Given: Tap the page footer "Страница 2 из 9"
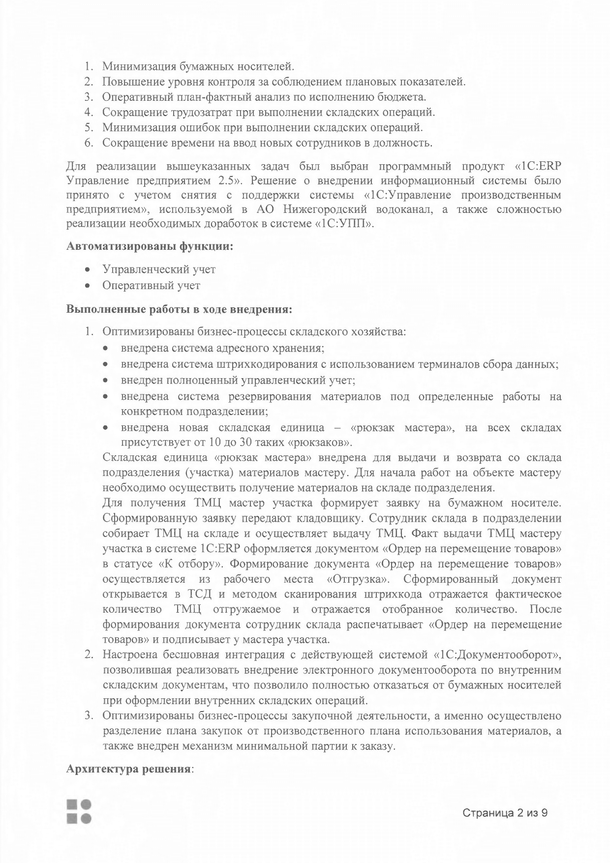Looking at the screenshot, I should (505, 813).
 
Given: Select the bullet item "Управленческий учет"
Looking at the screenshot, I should (159, 269).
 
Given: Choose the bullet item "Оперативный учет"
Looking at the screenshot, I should (151, 285).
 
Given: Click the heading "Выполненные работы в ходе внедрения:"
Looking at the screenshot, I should (179, 310).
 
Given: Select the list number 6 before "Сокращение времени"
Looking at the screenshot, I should (89, 143).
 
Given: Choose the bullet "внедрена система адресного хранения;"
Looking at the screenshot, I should (222, 348).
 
